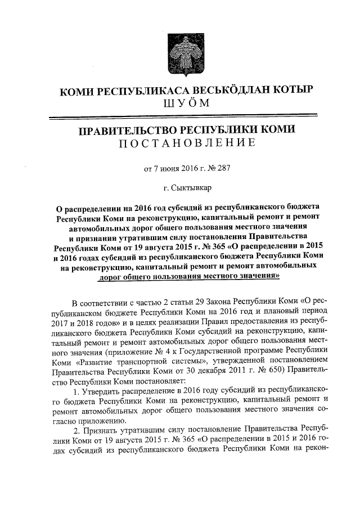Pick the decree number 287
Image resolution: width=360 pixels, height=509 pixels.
pyautogui.click(x=224, y=167)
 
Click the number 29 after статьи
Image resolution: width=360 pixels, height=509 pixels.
pyautogui.click(x=209, y=304)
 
